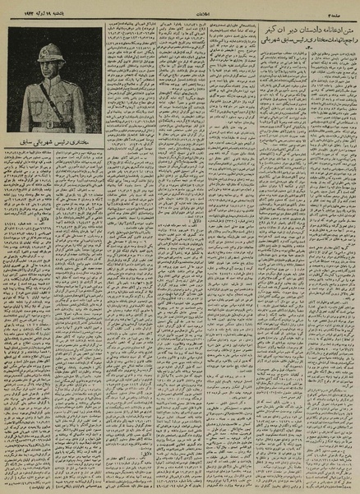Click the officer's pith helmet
point(52,50)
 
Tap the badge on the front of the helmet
point(51,51)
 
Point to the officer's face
point(52,65)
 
